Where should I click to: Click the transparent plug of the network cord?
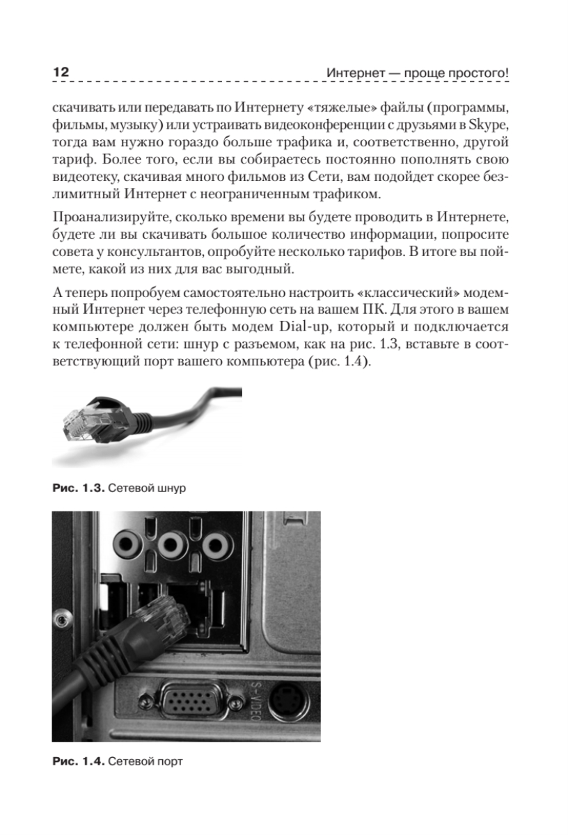point(79,422)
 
